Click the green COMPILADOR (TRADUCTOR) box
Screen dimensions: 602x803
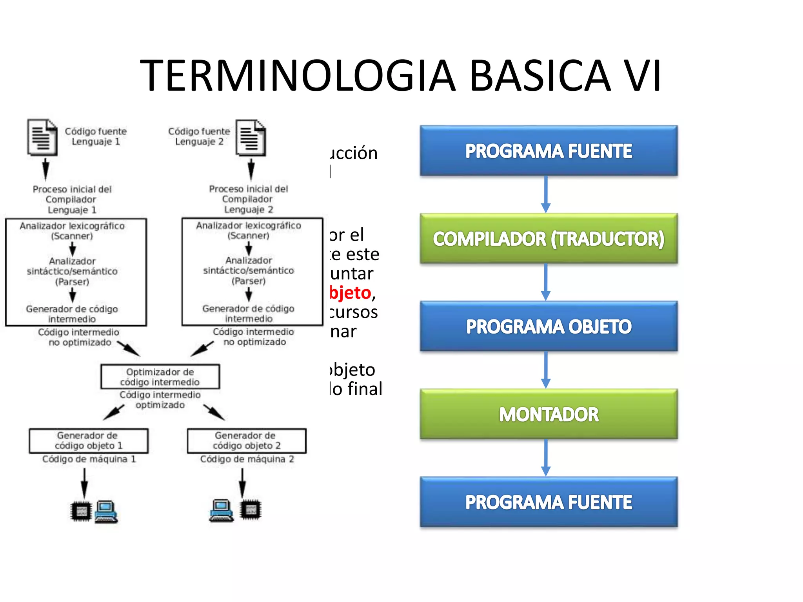tap(549, 238)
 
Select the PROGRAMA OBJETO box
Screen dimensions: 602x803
tap(549, 326)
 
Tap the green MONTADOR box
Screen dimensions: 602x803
tap(549, 414)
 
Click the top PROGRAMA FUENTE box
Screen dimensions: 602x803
tap(549, 150)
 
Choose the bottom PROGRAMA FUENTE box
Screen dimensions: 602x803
tap(549, 502)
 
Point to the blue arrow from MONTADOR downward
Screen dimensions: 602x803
tap(546, 457)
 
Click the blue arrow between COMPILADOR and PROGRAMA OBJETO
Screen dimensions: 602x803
tap(546, 282)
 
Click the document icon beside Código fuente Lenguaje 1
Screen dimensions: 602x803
tap(42, 138)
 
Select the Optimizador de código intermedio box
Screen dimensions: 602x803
tap(160, 377)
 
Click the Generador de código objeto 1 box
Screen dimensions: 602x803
tap(89, 441)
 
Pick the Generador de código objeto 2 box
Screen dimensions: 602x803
tap(247, 441)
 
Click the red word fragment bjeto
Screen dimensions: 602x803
tap(350, 293)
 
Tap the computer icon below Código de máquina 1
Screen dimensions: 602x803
tap(106, 511)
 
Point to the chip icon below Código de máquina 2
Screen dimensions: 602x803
tap(251, 510)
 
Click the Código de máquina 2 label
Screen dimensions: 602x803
tap(247, 459)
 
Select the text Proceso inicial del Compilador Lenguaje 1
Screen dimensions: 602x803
tap(72, 199)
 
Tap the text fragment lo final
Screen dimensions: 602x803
tap(356, 389)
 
